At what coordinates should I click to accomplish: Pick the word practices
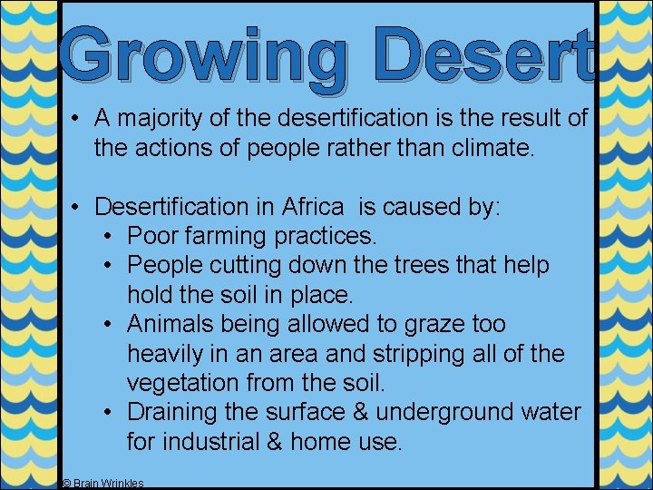tap(322, 237)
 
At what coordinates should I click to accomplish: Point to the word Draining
tap(171, 412)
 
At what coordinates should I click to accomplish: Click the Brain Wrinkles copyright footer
tap(102, 484)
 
